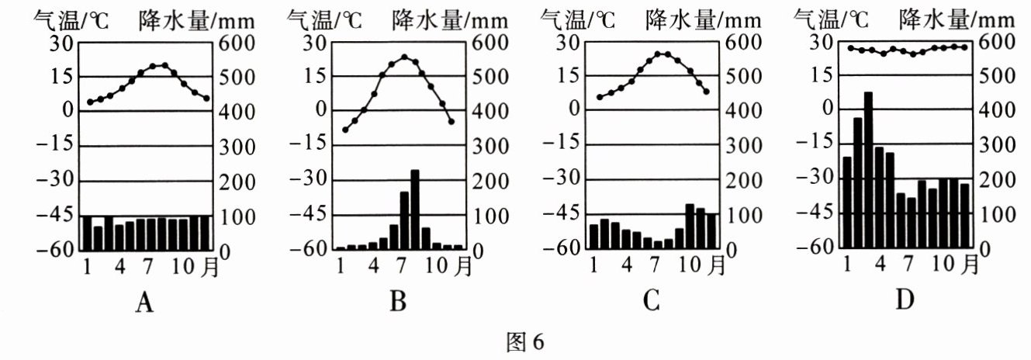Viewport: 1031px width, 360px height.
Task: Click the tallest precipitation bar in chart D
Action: [868, 171]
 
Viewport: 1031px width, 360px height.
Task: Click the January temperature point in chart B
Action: [345, 130]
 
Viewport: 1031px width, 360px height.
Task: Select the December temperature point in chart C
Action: [706, 92]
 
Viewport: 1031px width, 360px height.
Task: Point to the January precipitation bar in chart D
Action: [847, 203]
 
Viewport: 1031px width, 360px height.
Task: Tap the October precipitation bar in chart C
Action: [689, 226]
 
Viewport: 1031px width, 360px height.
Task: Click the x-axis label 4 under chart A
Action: [120, 265]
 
